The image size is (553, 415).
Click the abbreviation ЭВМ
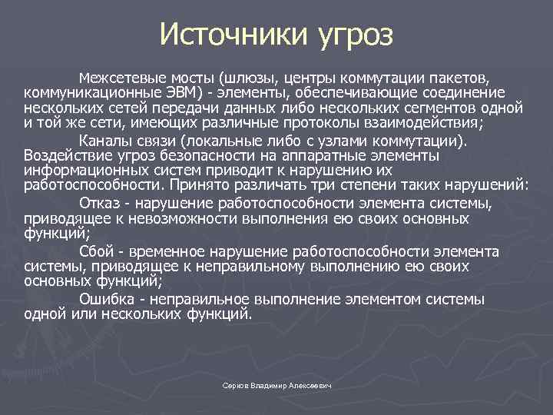click(x=184, y=92)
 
